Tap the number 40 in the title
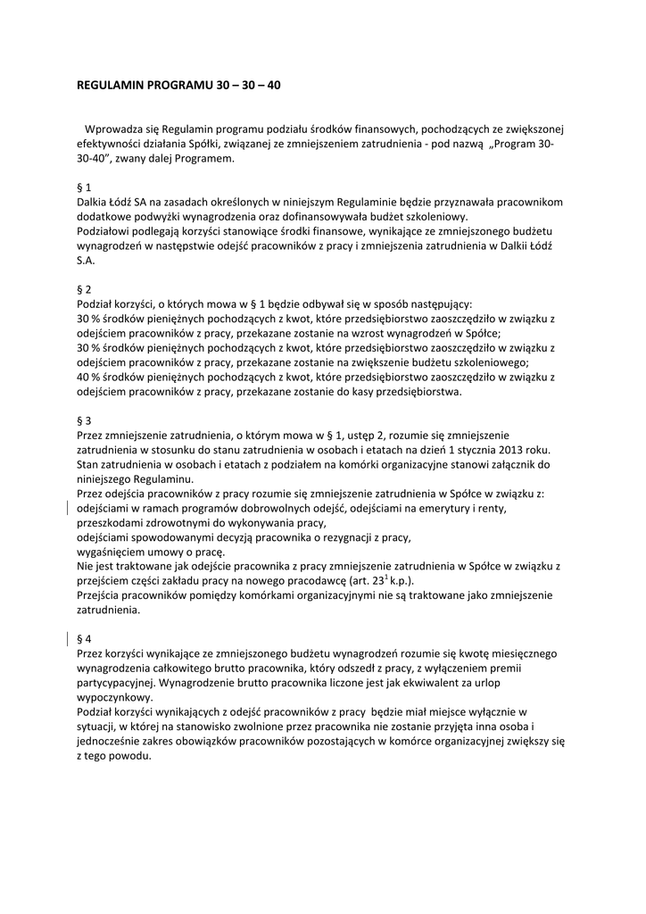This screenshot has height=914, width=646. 273,87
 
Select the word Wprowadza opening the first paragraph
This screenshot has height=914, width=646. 116,129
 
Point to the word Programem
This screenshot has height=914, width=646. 207,158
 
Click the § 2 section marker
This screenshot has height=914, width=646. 86,289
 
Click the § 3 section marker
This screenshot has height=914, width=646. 86,420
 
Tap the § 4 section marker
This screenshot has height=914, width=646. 86,639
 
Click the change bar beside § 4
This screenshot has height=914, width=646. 70,639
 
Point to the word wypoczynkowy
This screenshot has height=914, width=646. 115,697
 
